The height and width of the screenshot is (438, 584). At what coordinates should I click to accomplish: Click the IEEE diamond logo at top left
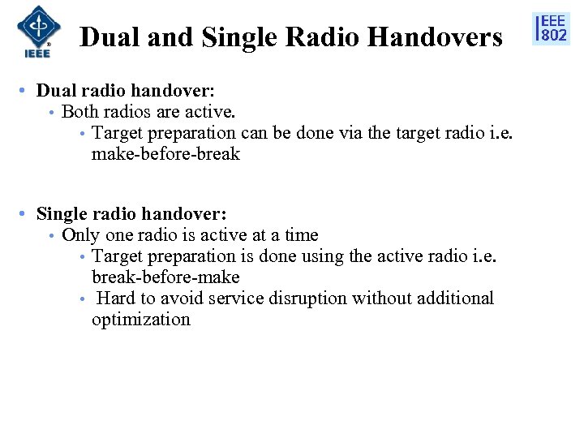tap(33, 31)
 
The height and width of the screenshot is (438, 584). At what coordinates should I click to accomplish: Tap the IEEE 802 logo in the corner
tap(552, 28)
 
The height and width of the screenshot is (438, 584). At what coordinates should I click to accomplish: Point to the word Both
tap(79, 111)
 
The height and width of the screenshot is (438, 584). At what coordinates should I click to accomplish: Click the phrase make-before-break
tap(165, 153)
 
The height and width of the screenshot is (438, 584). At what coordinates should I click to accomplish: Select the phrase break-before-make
tap(165, 277)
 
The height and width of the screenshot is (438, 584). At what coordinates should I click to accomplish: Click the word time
tap(301, 235)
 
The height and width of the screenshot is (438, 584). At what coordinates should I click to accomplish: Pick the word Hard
tap(114, 298)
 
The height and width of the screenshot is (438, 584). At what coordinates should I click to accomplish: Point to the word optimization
tap(140, 319)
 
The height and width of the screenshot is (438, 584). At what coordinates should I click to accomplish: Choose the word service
tap(234, 298)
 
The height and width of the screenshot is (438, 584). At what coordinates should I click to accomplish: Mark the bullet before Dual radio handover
tap(27, 91)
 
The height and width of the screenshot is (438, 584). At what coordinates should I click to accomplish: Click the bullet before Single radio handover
tap(27, 214)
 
